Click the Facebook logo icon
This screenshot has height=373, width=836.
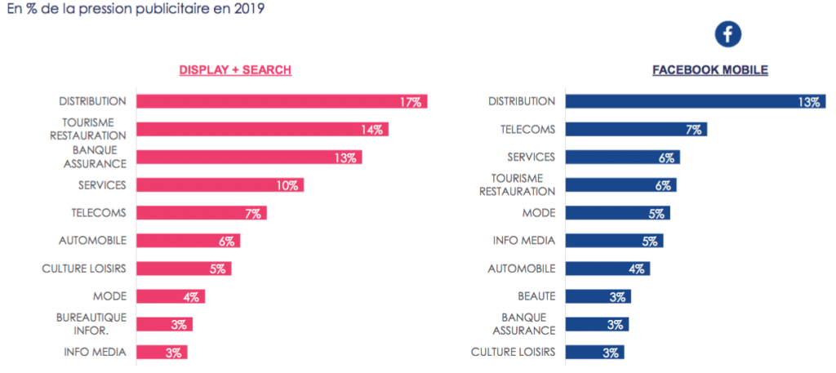(x=727, y=33)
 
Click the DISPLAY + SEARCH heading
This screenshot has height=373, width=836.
(x=235, y=70)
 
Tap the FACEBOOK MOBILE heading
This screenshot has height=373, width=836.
(x=710, y=70)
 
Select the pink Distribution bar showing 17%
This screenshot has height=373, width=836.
(x=282, y=102)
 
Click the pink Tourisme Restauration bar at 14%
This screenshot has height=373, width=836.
(x=262, y=130)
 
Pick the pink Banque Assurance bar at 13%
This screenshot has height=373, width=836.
(x=249, y=158)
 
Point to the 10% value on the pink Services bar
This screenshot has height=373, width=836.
(x=287, y=185)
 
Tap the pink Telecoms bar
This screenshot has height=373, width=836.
(x=201, y=213)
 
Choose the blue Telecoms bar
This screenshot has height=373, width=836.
(x=636, y=130)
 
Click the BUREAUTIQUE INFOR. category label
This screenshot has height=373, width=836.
(x=92, y=324)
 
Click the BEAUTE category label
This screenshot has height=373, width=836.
(x=536, y=296)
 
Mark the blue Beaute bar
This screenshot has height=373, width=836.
(x=598, y=296)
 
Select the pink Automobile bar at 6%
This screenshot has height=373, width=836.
(x=188, y=241)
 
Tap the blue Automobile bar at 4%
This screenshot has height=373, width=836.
(x=607, y=269)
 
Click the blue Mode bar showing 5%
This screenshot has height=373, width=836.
(x=617, y=213)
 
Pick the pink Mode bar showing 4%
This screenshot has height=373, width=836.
(x=171, y=296)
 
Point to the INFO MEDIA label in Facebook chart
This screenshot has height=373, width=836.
(x=523, y=241)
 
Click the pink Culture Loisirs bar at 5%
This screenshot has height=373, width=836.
(x=184, y=269)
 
